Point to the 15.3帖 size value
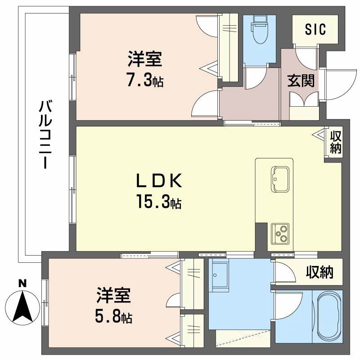click(159, 203)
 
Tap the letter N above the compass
click(22, 283)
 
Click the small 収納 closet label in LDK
click(336, 142)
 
